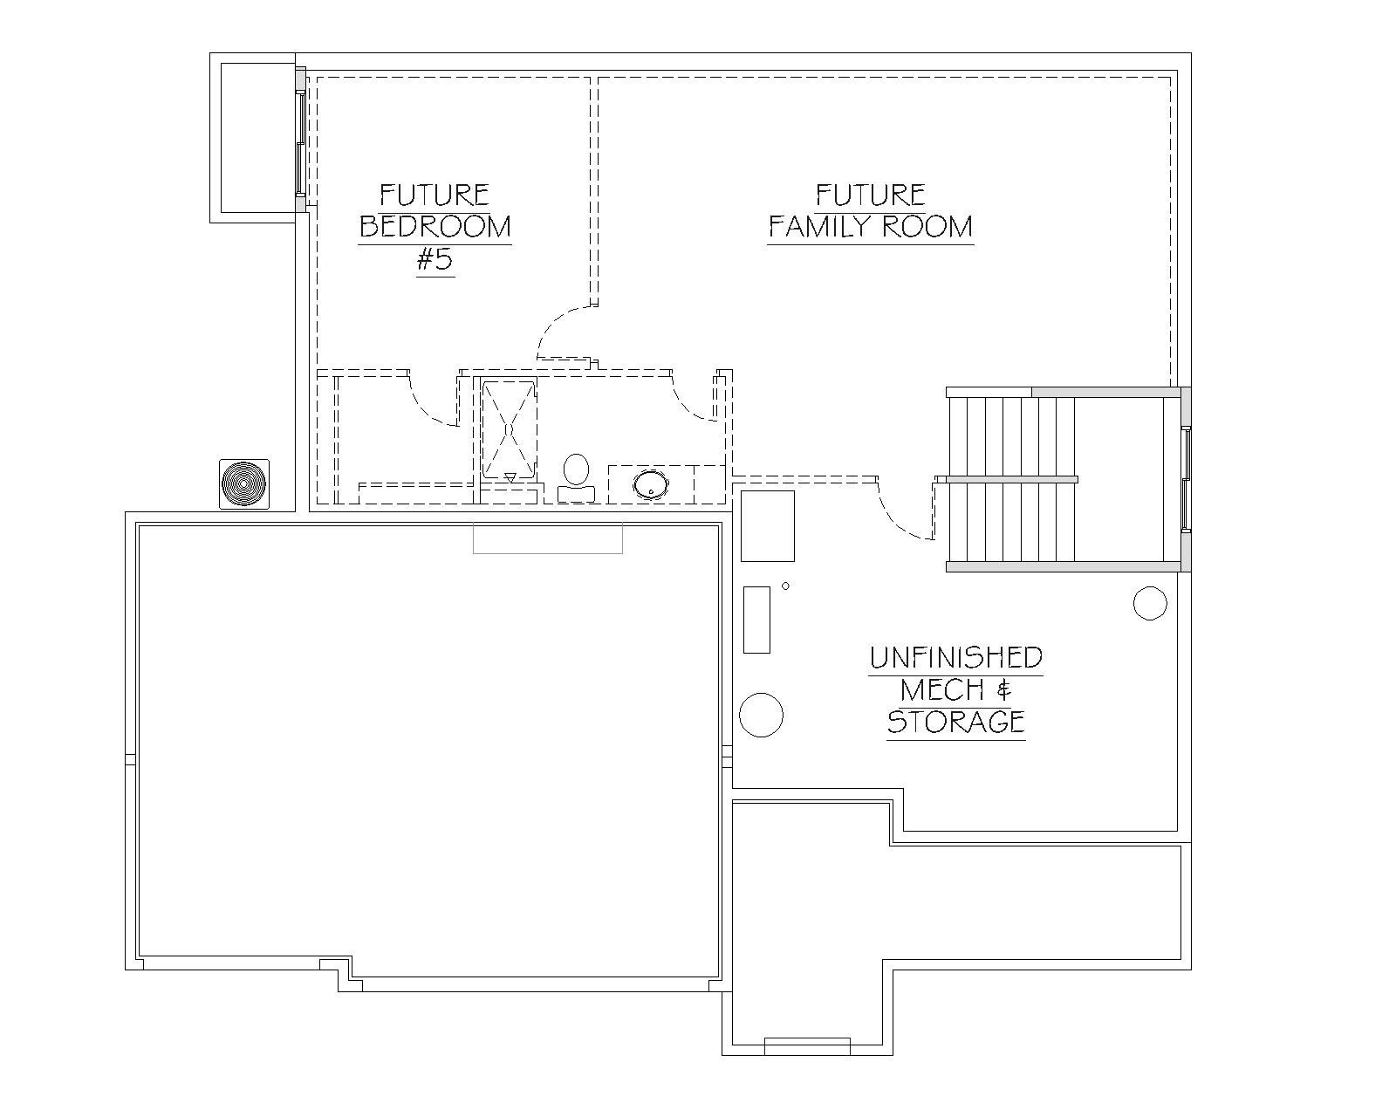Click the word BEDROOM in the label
tap(435, 227)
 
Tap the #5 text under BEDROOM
tap(435, 260)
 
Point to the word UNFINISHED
tap(955, 657)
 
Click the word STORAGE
tap(955, 722)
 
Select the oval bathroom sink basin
tap(651, 485)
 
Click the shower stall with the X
tap(510, 429)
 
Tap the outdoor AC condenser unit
tap(244, 484)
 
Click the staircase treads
tap(1011, 479)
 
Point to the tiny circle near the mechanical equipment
tap(785, 586)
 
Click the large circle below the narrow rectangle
tap(761, 715)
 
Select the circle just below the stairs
tap(1149, 603)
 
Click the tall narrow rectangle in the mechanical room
tap(756, 620)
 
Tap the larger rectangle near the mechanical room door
tap(768, 525)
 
